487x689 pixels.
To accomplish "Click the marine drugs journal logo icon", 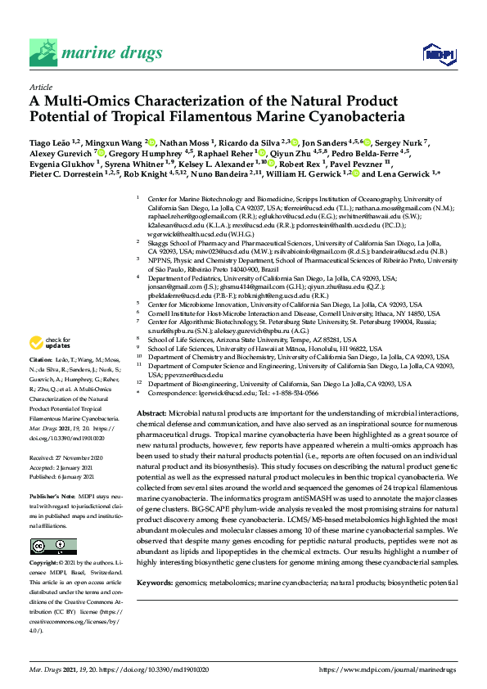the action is (x=43, y=52).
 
